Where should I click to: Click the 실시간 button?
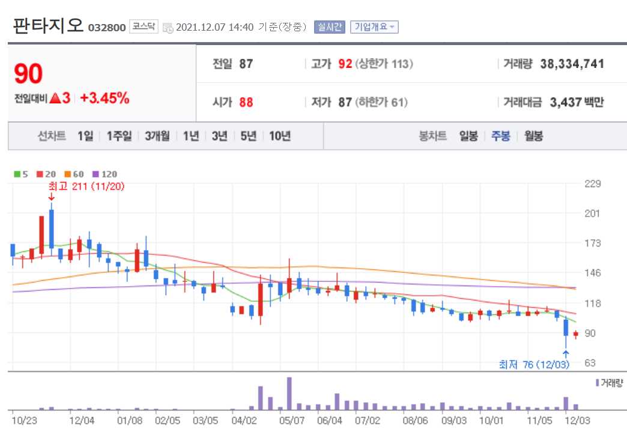coord(329,27)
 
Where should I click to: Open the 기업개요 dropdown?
coord(374,27)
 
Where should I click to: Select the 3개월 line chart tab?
coord(157,136)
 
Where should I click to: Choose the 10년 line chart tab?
coord(279,136)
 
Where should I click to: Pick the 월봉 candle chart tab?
coord(533,136)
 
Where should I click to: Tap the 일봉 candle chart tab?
coord(468,136)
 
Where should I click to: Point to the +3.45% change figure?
coord(104,98)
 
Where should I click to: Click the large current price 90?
coord(28,74)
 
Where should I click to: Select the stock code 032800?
coord(106,28)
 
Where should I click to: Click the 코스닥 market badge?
coord(144,27)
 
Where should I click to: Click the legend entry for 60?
coord(74,174)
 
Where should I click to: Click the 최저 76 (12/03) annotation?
coord(534,364)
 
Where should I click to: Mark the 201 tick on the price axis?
coord(592,213)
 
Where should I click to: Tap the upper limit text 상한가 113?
coord(384,64)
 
